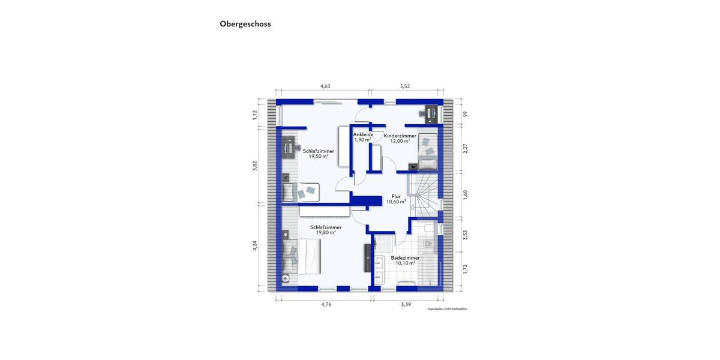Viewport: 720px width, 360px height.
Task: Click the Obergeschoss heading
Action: click(x=245, y=24)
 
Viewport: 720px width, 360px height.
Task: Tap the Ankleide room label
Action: click(x=363, y=135)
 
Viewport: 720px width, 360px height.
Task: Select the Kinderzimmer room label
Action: click(x=400, y=136)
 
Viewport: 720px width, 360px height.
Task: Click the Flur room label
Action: click(x=396, y=196)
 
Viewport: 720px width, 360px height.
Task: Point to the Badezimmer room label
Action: click(x=405, y=258)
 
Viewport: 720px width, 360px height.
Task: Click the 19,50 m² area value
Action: click(x=318, y=157)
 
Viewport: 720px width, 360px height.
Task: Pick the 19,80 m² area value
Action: click(x=325, y=233)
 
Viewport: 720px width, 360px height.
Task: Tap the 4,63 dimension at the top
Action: click(x=325, y=86)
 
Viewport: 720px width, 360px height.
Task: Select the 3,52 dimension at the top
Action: click(x=405, y=86)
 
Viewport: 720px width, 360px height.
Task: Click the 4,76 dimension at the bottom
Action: click(x=326, y=305)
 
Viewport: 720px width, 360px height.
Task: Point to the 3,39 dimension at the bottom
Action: click(x=406, y=305)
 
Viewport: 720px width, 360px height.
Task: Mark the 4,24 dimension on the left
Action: click(x=255, y=245)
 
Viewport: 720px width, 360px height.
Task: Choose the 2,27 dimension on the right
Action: click(x=465, y=148)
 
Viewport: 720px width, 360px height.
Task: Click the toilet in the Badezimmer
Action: click(x=427, y=243)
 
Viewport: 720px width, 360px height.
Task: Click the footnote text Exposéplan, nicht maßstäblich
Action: click(x=447, y=309)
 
